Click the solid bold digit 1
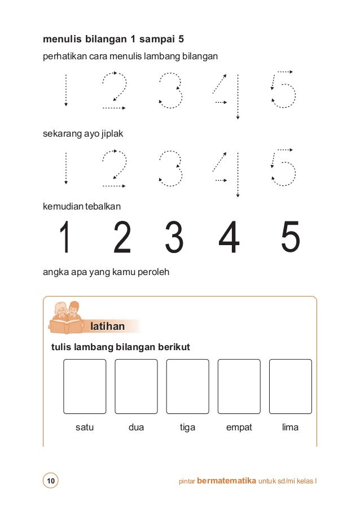point(66,238)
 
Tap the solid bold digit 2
point(122,238)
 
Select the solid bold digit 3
point(174,238)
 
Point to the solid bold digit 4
point(229,238)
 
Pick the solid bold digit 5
point(290,238)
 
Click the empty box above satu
point(85,386)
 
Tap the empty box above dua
point(136,386)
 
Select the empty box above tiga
point(187,386)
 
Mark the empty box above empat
point(239,386)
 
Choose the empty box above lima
point(290,386)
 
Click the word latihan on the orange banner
point(107,326)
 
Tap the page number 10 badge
point(51,481)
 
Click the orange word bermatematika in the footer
point(226,481)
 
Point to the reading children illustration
point(66,317)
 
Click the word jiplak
point(112,134)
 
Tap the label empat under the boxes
point(239,428)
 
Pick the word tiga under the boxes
point(187,428)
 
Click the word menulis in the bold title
point(62,40)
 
